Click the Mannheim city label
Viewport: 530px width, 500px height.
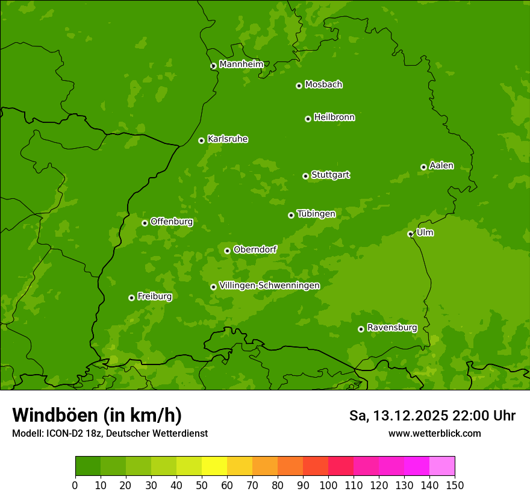pyautogui.click(x=242, y=64)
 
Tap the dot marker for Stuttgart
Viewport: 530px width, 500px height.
pyautogui.click(x=305, y=176)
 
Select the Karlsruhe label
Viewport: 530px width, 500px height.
pyautogui.click(x=228, y=139)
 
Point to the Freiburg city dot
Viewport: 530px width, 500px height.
pyautogui.click(x=131, y=298)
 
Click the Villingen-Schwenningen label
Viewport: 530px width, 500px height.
pyautogui.click(x=269, y=286)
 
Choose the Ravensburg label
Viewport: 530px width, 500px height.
pyautogui.click(x=391, y=328)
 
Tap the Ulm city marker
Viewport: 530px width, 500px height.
pyautogui.click(x=410, y=234)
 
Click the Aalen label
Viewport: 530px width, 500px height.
pyautogui.click(x=441, y=166)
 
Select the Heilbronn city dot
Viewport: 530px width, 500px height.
pyautogui.click(x=308, y=119)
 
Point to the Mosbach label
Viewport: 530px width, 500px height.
pyautogui.click(x=323, y=85)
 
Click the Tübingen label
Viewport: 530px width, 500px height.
pyautogui.click(x=316, y=214)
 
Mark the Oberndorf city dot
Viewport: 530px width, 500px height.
pyautogui.click(x=227, y=251)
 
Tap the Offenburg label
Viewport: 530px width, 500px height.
pyautogui.click(x=172, y=222)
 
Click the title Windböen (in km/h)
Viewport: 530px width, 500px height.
pyautogui.click(x=97, y=415)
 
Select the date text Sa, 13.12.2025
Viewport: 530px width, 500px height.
pyautogui.click(x=397, y=416)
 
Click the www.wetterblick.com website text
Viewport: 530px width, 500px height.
pyautogui.click(x=434, y=433)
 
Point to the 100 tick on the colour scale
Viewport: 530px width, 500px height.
pyautogui.click(x=328, y=485)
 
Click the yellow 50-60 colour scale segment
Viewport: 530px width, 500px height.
pyautogui.click(x=214, y=466)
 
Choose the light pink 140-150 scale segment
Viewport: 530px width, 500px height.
pyautogui.click(x=442, y=466)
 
